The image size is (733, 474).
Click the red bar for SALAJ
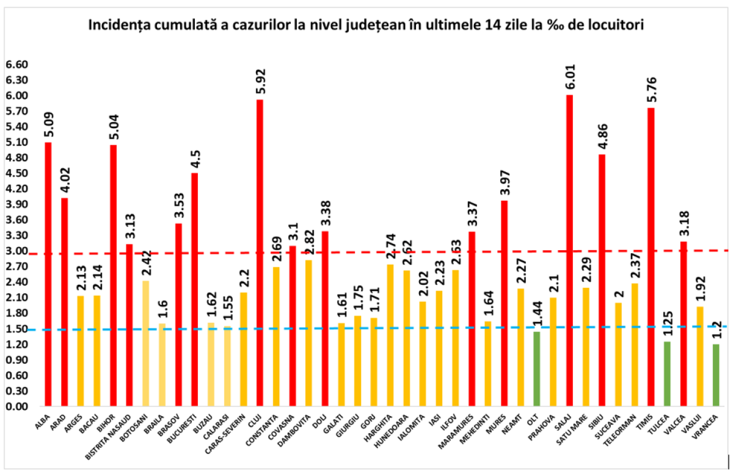click(569, 250)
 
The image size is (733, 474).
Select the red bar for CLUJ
click(260, 253)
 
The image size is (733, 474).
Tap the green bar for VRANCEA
click(715, 375)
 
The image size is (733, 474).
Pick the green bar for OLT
click(537, 368)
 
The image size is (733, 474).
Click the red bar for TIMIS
click(651, 256)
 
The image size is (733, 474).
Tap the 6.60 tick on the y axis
click(16, 65)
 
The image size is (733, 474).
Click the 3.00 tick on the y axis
click(16, 251)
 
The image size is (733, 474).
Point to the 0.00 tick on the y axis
click(16, 406)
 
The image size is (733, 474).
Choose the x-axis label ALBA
click(43, 421)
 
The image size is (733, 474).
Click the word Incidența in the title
click(121, 26)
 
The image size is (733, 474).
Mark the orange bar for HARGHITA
click(390, 335)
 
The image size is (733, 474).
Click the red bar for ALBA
click(48, 274)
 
